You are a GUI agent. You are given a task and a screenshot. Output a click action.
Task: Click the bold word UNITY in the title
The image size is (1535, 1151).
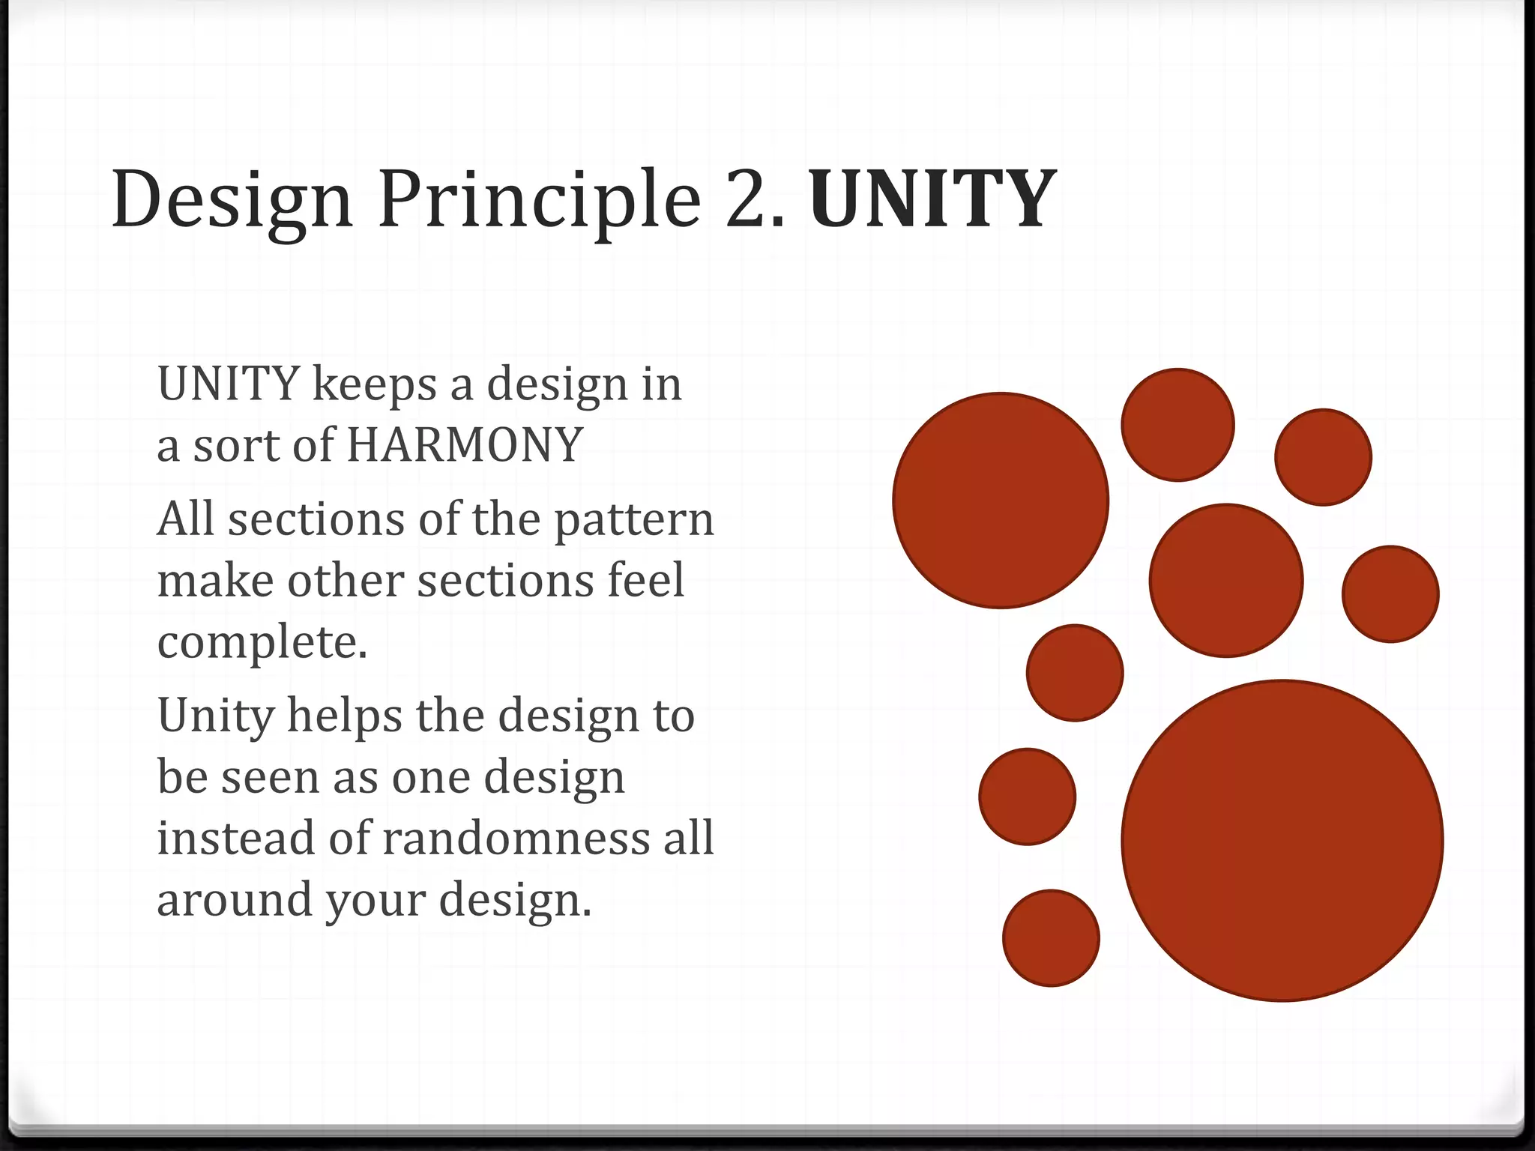tap(932, 199)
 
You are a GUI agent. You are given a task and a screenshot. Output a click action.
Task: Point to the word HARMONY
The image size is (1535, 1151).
tap(465, 445)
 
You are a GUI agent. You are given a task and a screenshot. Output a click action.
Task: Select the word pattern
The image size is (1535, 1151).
tap(634, 520)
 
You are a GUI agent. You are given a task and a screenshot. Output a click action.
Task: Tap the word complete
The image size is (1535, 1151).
tap(262, 643)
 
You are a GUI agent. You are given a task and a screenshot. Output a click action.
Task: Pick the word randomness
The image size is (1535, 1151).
tap(516, 838)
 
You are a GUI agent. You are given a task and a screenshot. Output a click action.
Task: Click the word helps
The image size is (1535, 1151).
tap(344, 715)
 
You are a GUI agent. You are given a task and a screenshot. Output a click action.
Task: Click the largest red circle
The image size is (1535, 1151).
tap(1282, 840)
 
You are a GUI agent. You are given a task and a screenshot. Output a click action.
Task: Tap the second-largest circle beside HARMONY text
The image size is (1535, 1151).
tap(1001, 501)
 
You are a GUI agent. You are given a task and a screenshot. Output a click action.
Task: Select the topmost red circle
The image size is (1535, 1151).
tap(1177, 425)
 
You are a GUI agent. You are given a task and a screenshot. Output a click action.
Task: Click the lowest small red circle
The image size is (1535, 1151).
tap(1051, 938)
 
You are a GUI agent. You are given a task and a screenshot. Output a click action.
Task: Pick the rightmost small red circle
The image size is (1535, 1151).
tap(1390, 594)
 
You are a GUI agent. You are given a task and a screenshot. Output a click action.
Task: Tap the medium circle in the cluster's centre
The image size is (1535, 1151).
tap(1226, 581)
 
